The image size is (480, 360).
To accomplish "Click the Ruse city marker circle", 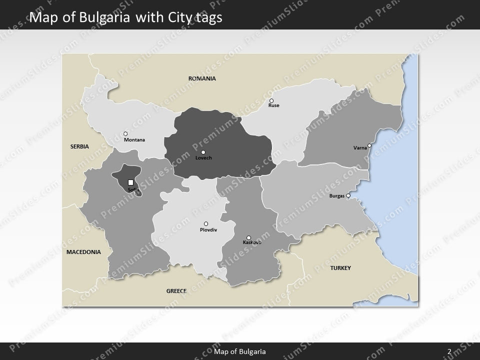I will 271,100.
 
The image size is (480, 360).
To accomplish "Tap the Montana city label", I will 134,140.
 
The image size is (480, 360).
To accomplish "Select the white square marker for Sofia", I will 131,182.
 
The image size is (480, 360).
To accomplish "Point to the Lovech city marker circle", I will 203,152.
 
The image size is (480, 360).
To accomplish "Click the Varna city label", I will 359,148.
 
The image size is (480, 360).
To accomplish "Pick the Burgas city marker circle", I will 348,195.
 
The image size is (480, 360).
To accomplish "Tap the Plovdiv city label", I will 208,230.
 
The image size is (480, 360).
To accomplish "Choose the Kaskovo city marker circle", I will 249,238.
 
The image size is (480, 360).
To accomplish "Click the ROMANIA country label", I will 202,78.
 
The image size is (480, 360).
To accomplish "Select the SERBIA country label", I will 79,146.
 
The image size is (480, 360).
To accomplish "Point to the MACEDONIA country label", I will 83,252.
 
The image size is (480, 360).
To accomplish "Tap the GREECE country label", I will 176,290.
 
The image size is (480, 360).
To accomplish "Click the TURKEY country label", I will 340,268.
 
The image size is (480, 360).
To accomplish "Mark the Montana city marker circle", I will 125,133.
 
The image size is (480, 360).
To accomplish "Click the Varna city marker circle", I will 369,146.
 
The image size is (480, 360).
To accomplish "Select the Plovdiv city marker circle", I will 206,223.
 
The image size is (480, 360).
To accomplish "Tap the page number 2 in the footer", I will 449,351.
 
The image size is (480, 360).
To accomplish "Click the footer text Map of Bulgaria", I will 239,351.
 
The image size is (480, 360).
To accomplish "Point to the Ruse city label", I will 274,106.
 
